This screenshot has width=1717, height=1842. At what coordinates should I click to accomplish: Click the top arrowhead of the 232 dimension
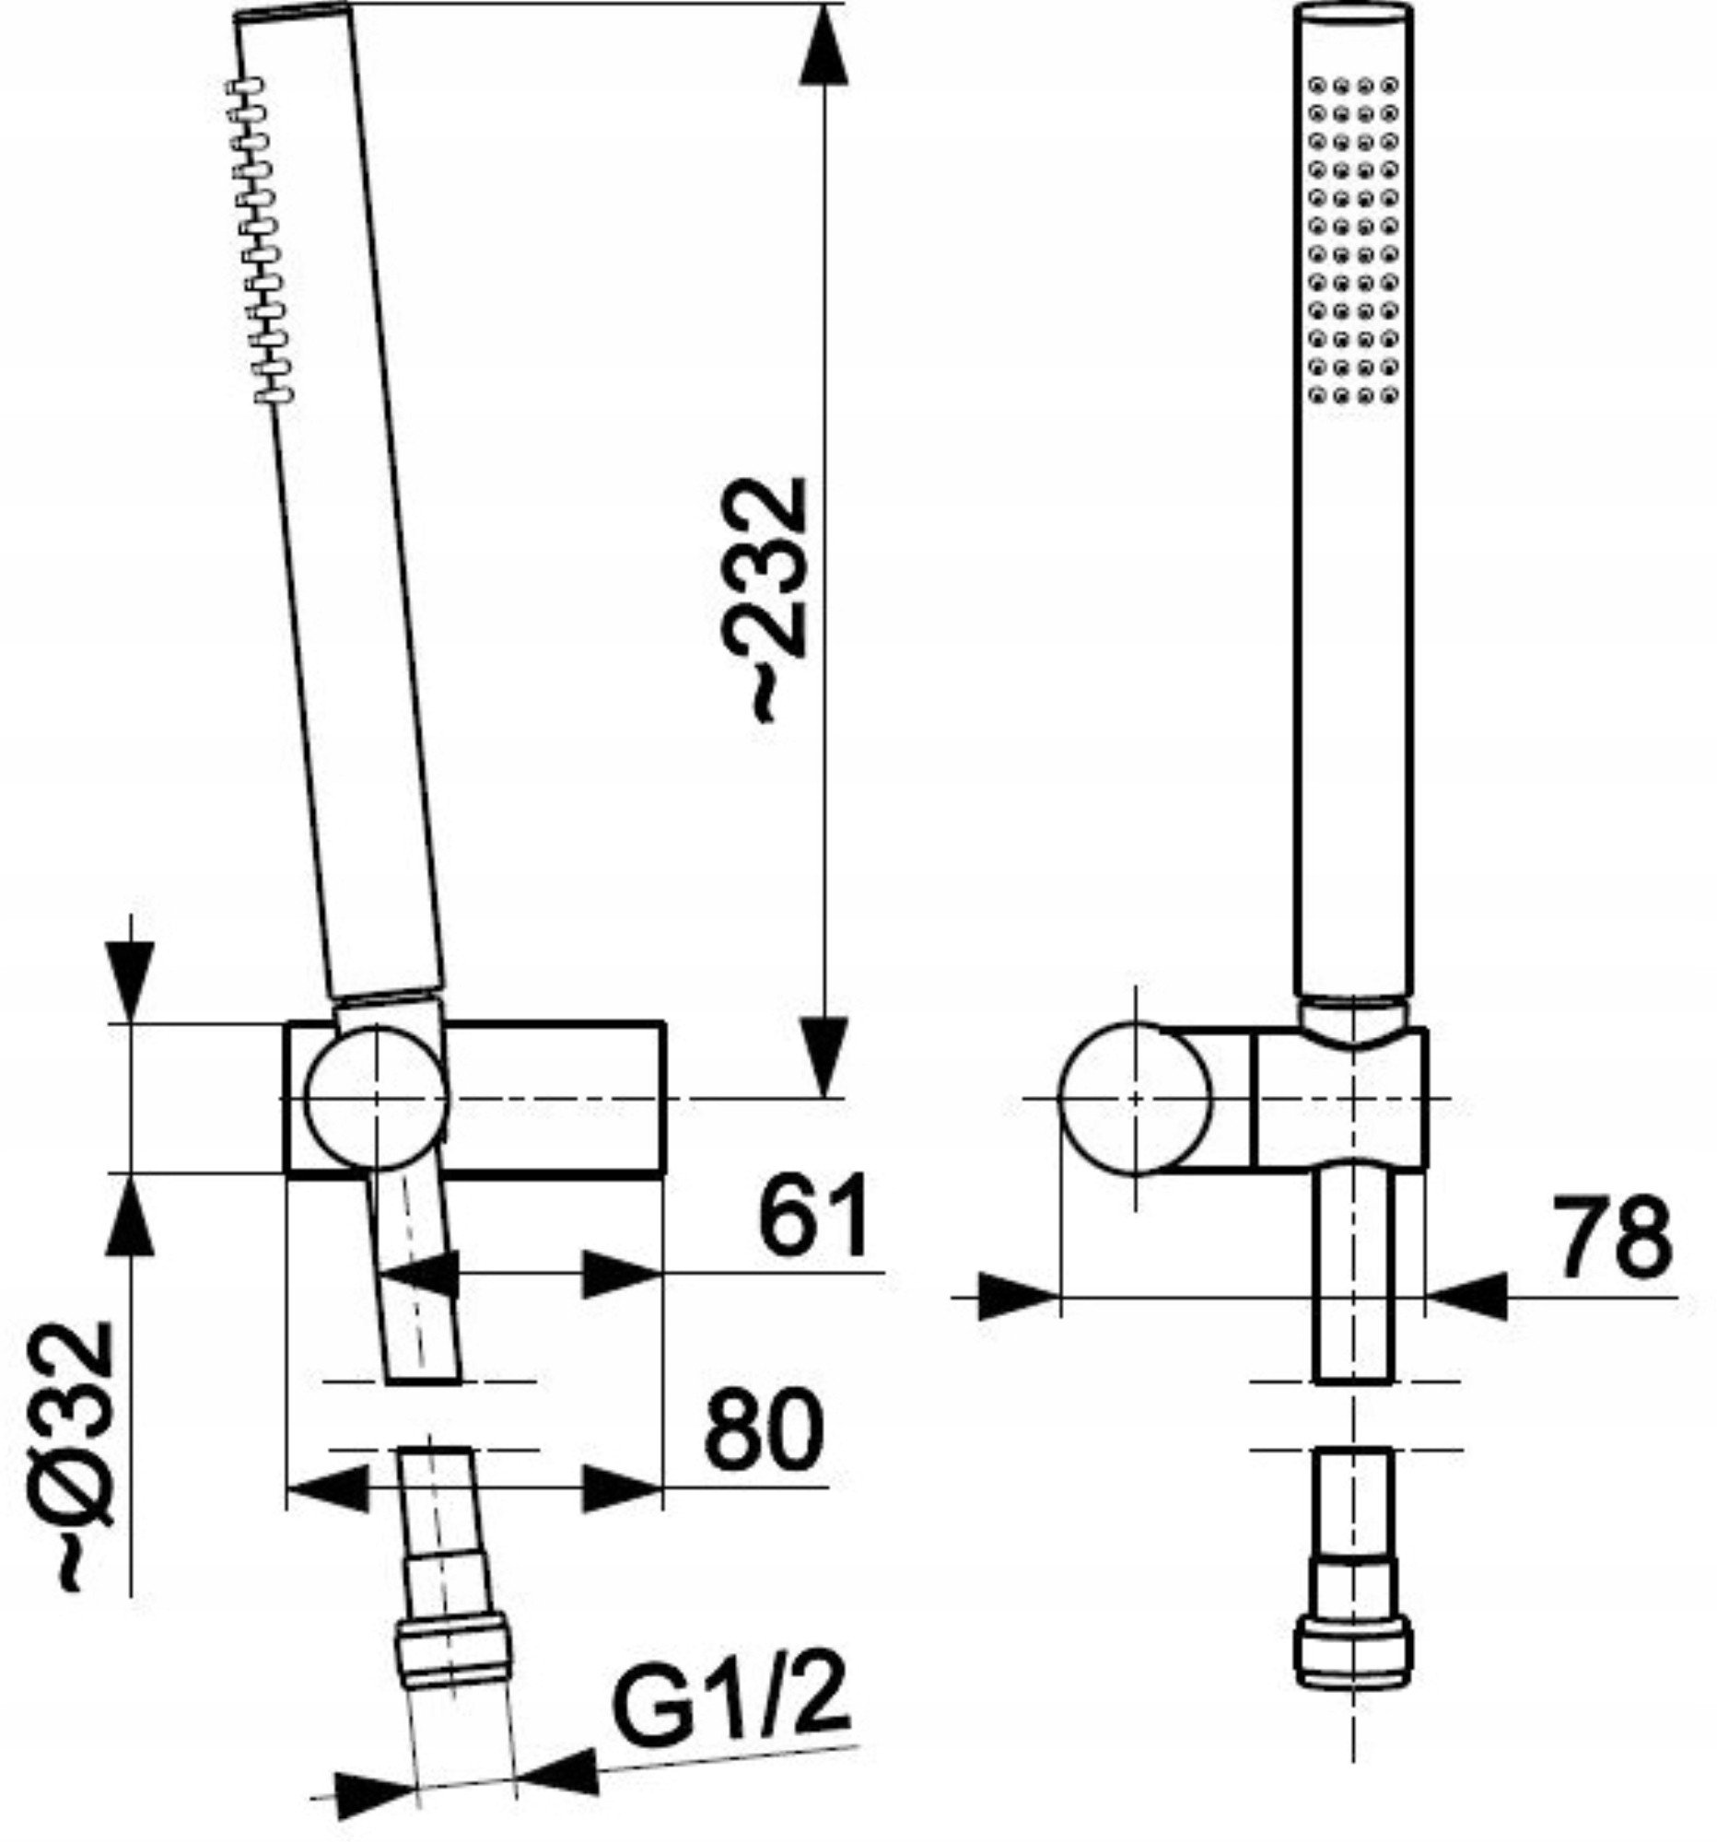tap(823, 47)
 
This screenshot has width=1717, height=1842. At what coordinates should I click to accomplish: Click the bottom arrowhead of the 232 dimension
tap(823, 1056)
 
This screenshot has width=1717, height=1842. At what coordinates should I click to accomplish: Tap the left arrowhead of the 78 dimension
tap(1020, 1295)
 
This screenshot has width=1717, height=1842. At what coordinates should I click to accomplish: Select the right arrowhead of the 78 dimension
tap(1466, 1295)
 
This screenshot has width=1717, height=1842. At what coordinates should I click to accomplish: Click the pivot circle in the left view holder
tap(376, 1096)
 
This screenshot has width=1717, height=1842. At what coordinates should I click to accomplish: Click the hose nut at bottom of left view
tap(453, 1654)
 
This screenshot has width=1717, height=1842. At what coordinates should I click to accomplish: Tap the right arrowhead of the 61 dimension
tap(622, 1273)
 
